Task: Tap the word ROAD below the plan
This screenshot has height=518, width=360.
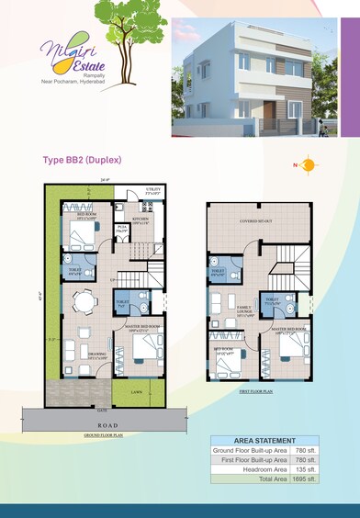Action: click(x=102, y=425)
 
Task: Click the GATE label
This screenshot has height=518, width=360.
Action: click(x=103, y=409)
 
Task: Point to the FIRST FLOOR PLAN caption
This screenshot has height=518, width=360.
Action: click(x=257, y=391)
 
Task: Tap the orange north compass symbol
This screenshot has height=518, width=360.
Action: click(x=308, y=165)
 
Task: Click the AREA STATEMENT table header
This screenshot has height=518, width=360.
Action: click(x=265, y=441)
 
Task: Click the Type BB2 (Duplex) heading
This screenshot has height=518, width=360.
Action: click(x=83, y=159)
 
